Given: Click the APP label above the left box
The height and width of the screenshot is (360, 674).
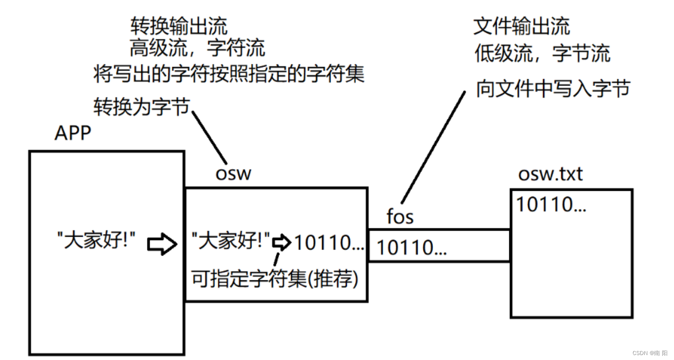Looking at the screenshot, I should click(x=72, y=133).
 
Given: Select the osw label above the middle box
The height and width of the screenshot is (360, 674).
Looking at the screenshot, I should click(x=233, y=174).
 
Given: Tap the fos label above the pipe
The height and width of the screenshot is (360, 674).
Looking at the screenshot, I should click(x=400, y=217).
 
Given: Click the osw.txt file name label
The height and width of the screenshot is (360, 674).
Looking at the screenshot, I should click(x=550, y=174).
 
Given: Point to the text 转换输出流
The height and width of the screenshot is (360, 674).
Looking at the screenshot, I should click(x=179, y=27).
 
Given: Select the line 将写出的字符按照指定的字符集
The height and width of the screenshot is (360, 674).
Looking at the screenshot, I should click(x=229, y=74).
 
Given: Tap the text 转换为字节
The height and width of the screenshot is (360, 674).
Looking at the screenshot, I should click(x=141, y=108).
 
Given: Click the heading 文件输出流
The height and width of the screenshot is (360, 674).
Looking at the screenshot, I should click(x=521, y=27).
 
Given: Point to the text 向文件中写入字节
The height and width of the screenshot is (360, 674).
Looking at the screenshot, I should click(x=553, y=89).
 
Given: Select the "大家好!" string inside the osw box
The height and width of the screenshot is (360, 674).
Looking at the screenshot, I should click(x=230, y=242).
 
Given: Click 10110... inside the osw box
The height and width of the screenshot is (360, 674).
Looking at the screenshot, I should click(x=328, y=243).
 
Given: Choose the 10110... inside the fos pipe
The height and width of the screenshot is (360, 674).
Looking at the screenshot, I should click(x=411, y=247).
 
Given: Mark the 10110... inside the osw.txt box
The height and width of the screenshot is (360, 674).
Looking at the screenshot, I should click(x=551, y=205).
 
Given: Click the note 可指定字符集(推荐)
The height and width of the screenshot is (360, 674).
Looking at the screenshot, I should click(x=275, y=279).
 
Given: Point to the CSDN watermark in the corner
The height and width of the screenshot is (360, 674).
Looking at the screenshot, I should click(x=650, y=353).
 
